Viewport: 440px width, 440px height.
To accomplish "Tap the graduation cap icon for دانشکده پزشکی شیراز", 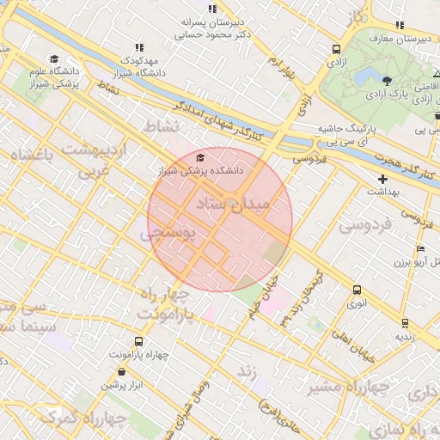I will (201, 157).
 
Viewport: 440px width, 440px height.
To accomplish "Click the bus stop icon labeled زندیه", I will (405, 323).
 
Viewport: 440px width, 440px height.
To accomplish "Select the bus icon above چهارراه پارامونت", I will (139, 341).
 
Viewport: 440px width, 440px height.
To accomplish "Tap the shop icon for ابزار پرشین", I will (120, 372).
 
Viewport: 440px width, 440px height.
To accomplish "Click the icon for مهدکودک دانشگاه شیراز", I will (138, 47).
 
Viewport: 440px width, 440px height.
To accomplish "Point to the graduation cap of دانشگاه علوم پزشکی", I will (54, 60).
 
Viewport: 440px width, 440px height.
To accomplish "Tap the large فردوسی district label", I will (364, 225).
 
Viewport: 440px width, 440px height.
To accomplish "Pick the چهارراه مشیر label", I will (358, 386).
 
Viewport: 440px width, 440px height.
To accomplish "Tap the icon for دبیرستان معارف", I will (400, 25).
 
